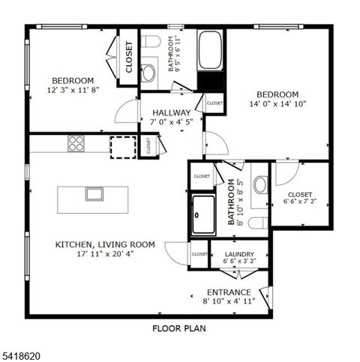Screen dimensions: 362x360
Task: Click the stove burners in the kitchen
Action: pyautogui.click(x=76, y=142)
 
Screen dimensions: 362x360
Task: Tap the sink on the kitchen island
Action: pyautogui.click(x=94, y=193)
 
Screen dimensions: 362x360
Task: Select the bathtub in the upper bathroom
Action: pyautogui.click(x=210, y=49)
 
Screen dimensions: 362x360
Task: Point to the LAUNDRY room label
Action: pyautogui.click(x=239, y=255)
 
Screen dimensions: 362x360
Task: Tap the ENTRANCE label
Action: pyautogui.click(x=229, y=292)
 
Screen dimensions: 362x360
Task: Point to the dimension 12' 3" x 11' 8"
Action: pyautogui.click(x=73, y=90)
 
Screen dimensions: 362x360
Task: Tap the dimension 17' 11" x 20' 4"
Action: pyautogui.click(x=105, y=253)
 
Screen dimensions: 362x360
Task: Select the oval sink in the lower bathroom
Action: pyautogui.click(x=261, y=184)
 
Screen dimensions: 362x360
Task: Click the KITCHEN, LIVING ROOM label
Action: pyautogui.click(x=105, y=244)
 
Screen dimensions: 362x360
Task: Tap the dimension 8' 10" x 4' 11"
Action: pyautogui.click(x=229, y=301)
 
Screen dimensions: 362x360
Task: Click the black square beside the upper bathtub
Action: pyautogui.click(x=210, y=80)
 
